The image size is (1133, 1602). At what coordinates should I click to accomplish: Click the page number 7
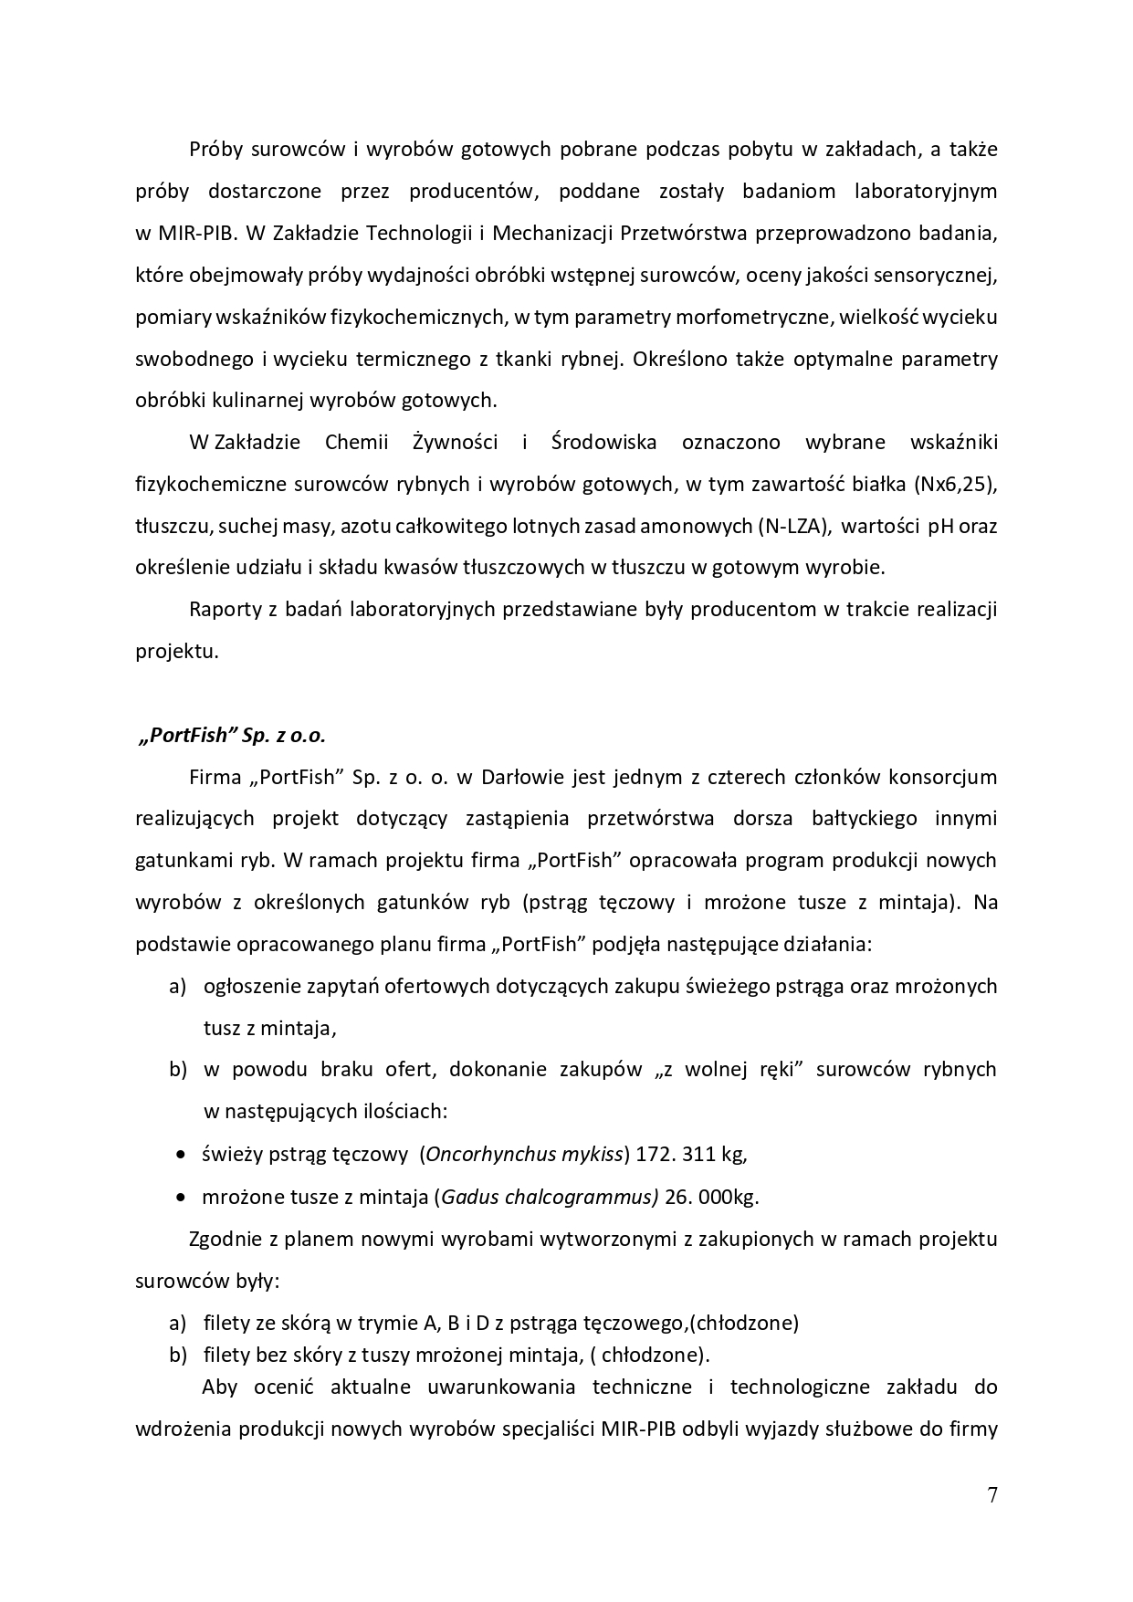click(991, 1495)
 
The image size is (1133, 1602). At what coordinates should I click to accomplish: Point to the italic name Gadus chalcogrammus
click(548, 1197)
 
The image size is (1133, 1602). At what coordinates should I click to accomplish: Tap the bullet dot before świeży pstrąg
click(180, 1155)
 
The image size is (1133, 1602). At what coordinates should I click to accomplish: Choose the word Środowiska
click(604, 443)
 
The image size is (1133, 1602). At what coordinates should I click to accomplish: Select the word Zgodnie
click(223, 1240)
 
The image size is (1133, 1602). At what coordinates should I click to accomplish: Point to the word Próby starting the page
click(216, 149)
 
